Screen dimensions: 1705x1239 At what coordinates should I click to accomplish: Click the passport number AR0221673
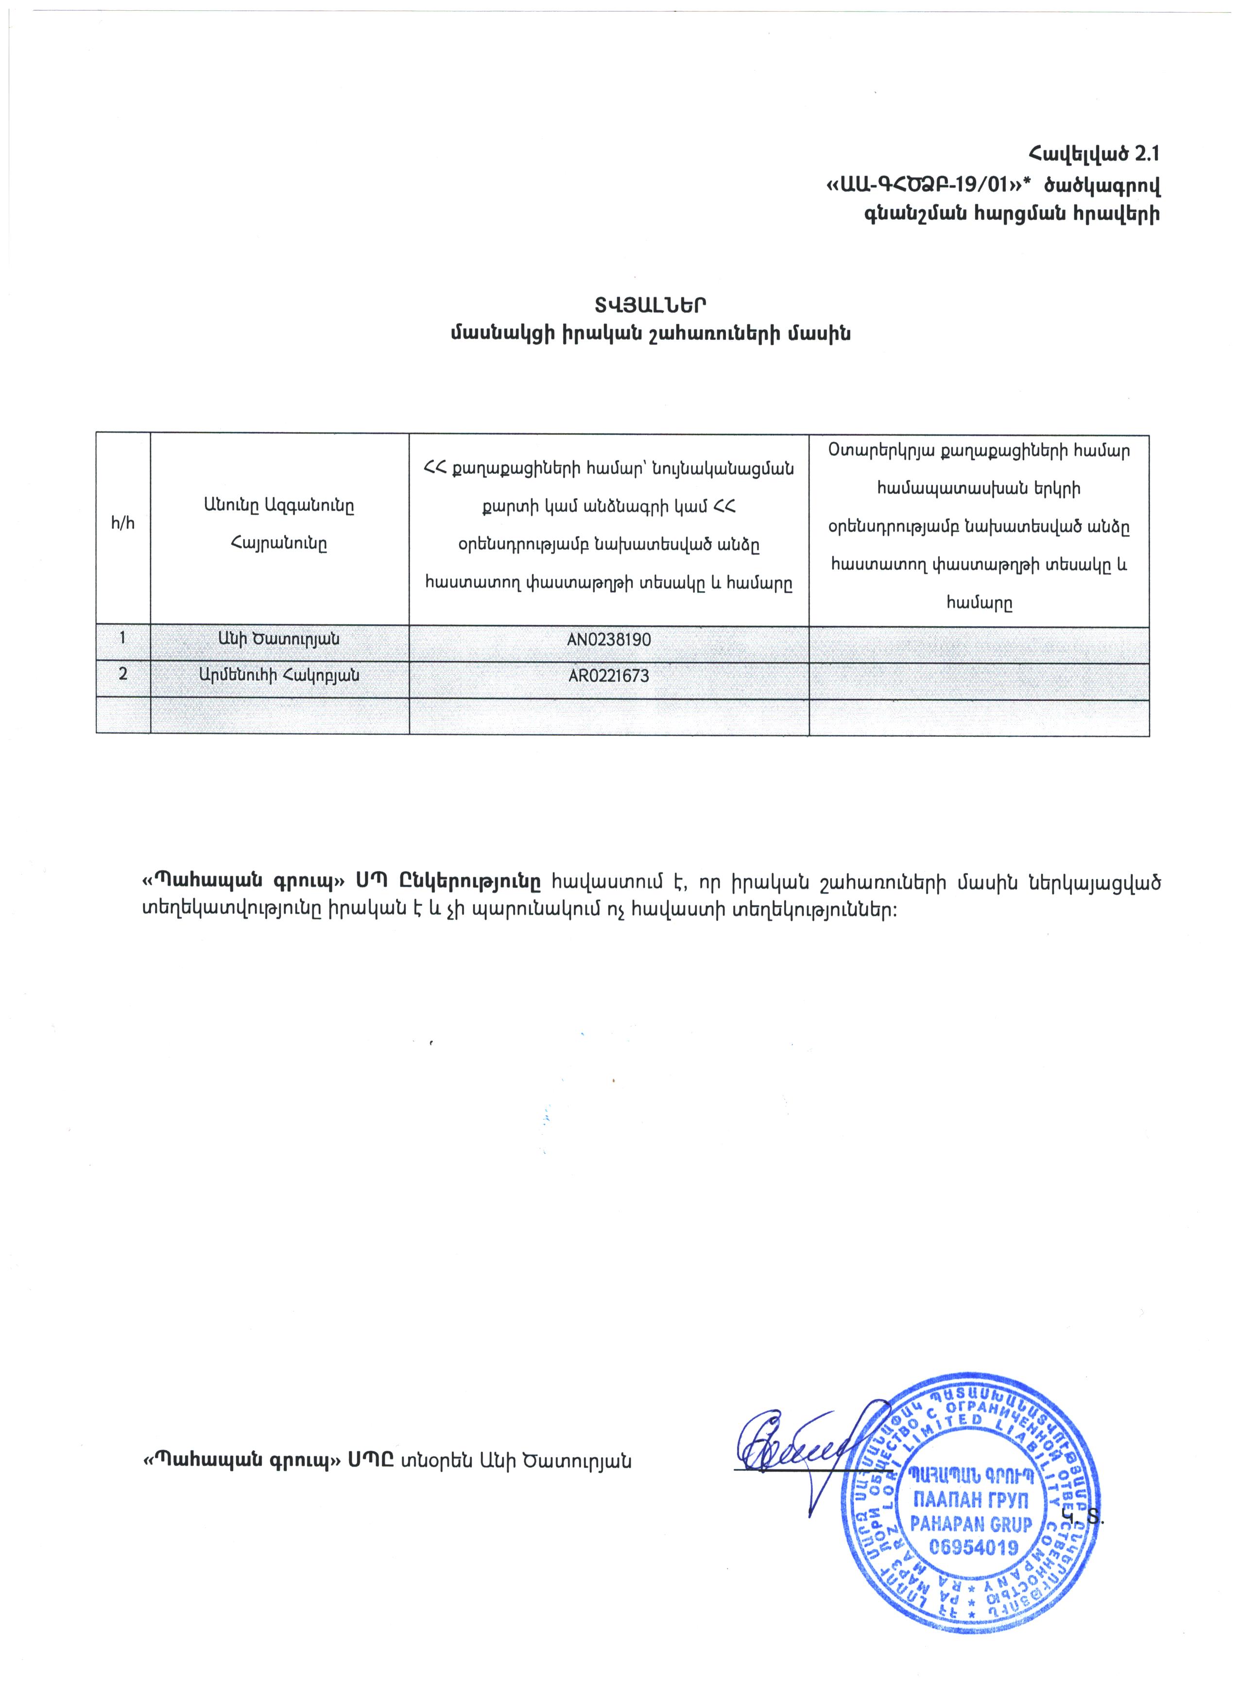609,676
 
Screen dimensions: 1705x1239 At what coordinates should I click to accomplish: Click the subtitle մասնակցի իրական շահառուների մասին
651,334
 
